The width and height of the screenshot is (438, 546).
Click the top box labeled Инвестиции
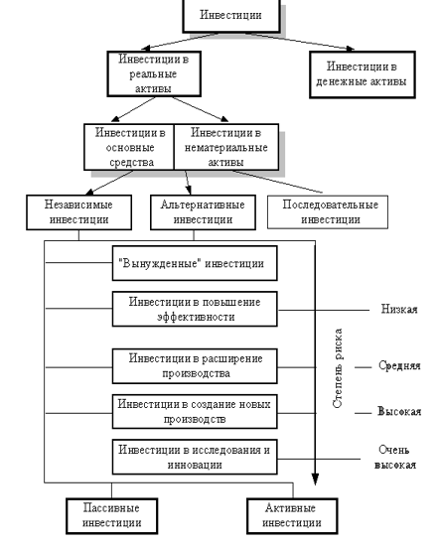[x=231, y=16]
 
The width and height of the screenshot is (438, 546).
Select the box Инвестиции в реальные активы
[x=154, y=73]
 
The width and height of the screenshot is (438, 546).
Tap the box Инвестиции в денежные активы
[x=363, y=74]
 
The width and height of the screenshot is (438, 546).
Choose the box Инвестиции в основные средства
[x=129, y=147]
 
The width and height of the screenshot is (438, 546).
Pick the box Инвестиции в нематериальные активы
[x=226, y=147]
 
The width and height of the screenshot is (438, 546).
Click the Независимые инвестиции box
[x=79, y=212]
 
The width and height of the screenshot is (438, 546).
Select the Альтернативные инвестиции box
[x=203, y=212]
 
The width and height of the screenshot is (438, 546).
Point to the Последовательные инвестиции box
[x=328, y=212]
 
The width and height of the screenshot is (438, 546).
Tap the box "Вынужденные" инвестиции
[x=195, y=263]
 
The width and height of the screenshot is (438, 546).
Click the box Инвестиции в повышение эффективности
[x=195, y=309]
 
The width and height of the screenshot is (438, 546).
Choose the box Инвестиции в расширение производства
[x=195, y=366]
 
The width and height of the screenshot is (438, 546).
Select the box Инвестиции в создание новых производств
[x=195, y=412]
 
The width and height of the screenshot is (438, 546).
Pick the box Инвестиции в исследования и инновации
[x=195, y=457]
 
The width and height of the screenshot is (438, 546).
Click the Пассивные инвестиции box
[x=112, y=516]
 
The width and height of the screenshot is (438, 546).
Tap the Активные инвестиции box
[x=292, y=516]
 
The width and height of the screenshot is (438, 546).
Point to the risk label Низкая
[x=399, y=309]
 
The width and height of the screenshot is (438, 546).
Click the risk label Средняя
[x=399, y=365]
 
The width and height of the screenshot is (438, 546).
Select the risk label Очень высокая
[x=395, y=458]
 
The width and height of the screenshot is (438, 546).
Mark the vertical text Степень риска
[x=338, y=368]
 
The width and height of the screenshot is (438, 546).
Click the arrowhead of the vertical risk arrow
[x=315, y=479]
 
